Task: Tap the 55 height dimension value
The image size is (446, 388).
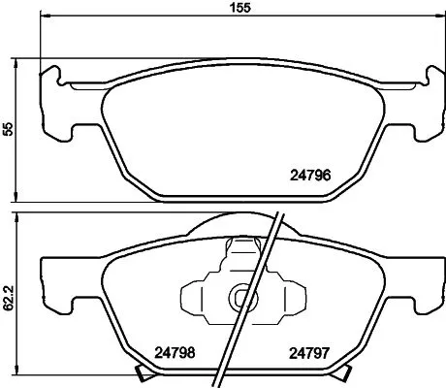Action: (x=9, y=130)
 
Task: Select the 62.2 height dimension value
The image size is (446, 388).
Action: (x=9, y=296)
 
